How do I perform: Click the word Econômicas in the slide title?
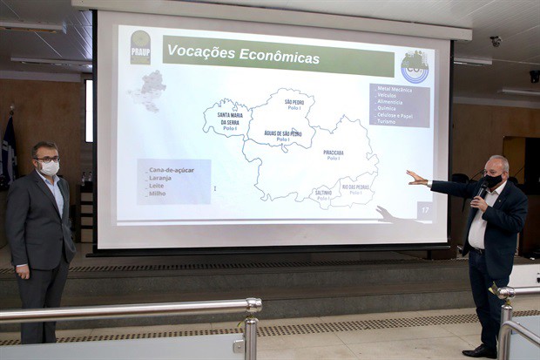[279, 58]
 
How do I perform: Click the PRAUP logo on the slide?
[140, 47]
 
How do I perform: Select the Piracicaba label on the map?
[334, 154]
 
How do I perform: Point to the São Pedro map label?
[294, 104]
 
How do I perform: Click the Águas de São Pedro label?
[283, 135]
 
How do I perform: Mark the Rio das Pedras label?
[355, 188]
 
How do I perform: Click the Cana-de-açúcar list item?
[171, 170]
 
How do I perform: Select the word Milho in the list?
[159, 194]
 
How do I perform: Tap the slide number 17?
[425, 209]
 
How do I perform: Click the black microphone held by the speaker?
[482, 187]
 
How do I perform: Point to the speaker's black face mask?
[494, 181]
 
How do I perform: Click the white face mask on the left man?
[50, 167]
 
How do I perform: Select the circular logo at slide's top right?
[414, 67]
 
